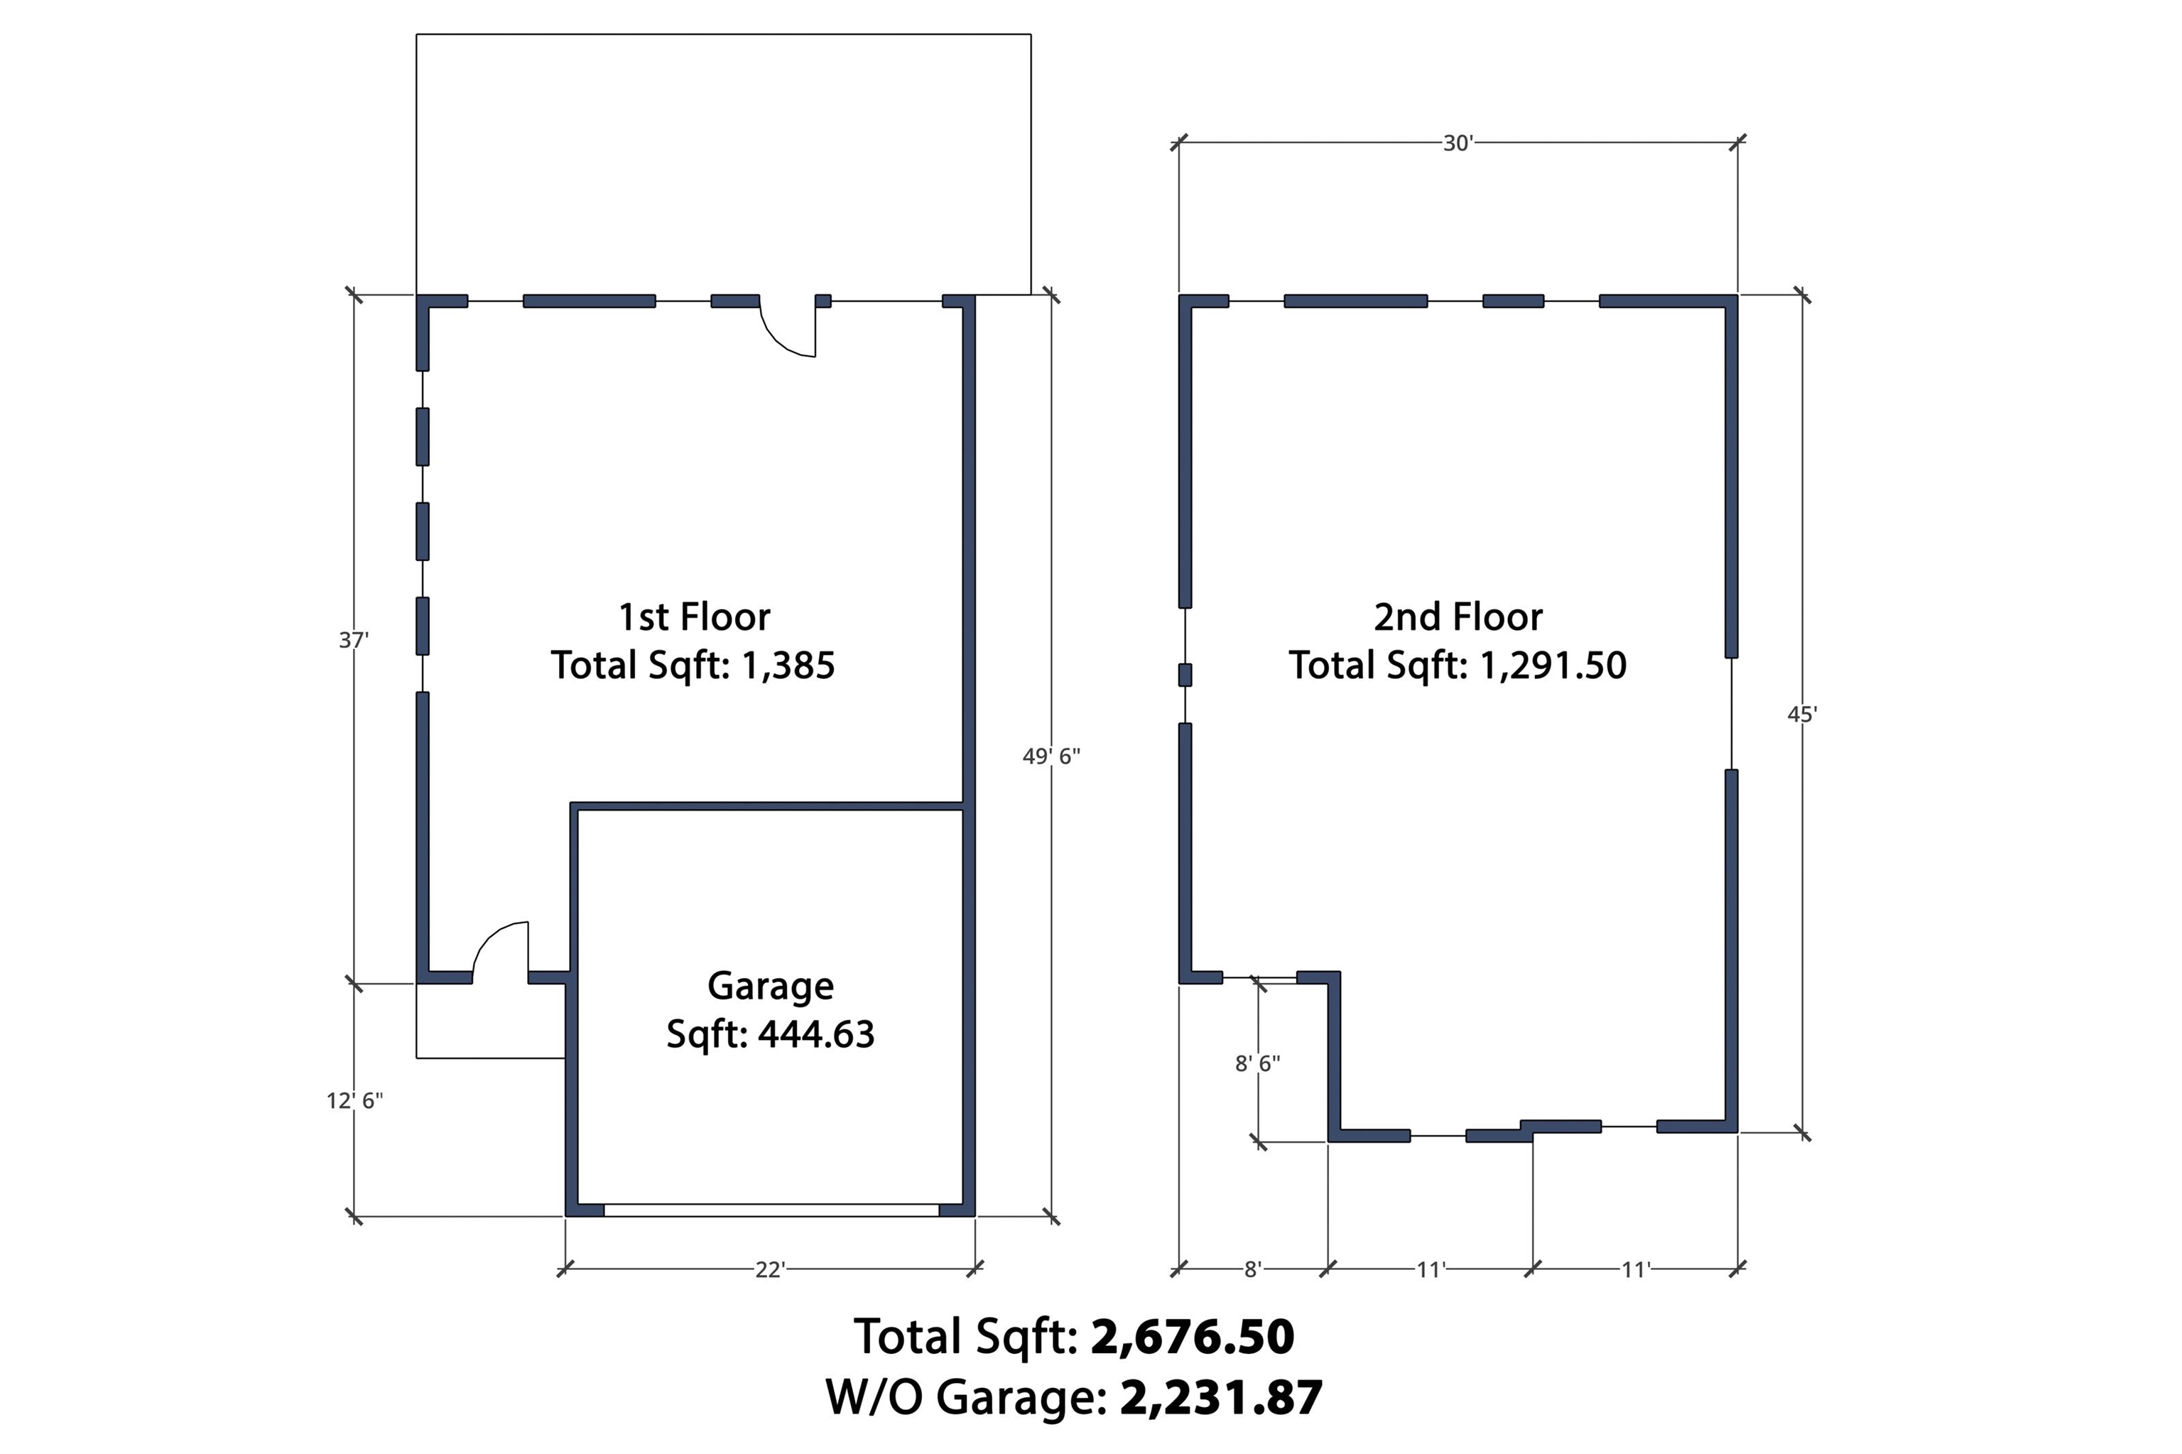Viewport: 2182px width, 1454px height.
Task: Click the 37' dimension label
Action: pyautogui.click(x=353, y=640)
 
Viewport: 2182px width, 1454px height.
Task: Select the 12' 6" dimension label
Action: pyautogui.click(x=354, y=1101)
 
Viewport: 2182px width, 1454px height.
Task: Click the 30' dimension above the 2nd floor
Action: pyautogui.click(x=1458, y=143)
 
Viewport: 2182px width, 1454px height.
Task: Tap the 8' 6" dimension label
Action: pyautogui.click(x=1257, y=1063)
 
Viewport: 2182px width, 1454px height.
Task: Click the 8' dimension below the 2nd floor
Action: pyautogui.click(x=1253, y=1269)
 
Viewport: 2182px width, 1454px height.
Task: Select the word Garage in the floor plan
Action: pyautogui.click(x=771, y=987)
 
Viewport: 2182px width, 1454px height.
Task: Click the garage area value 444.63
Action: pyautogui.click(x=816, y=1034)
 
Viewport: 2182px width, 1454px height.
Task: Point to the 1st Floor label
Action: pyautogui.click(x=694, y=617)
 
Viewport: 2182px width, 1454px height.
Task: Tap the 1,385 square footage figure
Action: pyautogui.click(x=788, y=666)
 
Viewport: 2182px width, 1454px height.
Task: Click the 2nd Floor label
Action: pyautogui.click(x=1458, y=617)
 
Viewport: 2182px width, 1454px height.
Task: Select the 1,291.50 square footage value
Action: pyautogui.click(x=1553, y=666)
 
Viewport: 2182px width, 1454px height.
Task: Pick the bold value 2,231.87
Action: pyautogui.click(x=1221, y=1397)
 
